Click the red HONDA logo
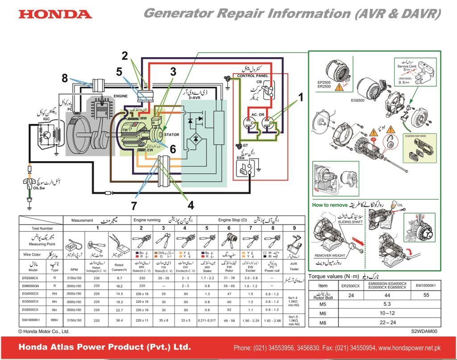pyautogui.click(x=55, y=14)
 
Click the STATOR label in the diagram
pyautogui.click(x=171, y=134)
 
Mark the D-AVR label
pyautogui.click(x=194, y=98)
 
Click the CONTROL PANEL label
pyautogui.click(x=253, y=76)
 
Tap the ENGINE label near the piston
pyautogui.click(x=120, y=96)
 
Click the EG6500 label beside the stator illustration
pyautogui.click(x=358, y=101)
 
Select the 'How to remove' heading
pyautogui.click(x=329, y=205)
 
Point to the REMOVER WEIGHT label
pyautogui.click(x=329, y=255)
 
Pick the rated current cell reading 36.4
pyautogui.click(x=119, y=320)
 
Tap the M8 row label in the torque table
pyautogui.click(x=323, y=322)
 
